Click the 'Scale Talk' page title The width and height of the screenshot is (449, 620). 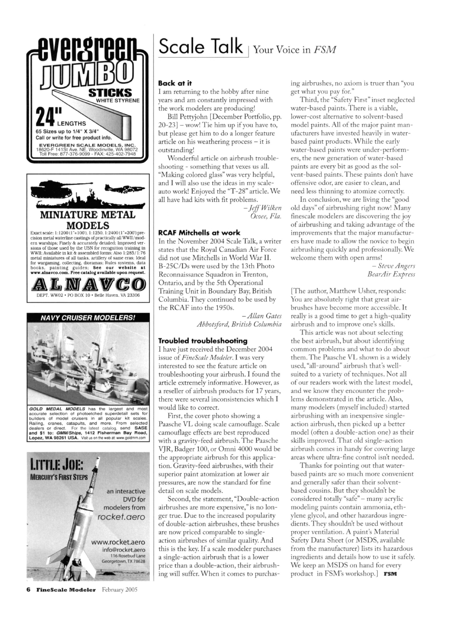coord(200,47)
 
